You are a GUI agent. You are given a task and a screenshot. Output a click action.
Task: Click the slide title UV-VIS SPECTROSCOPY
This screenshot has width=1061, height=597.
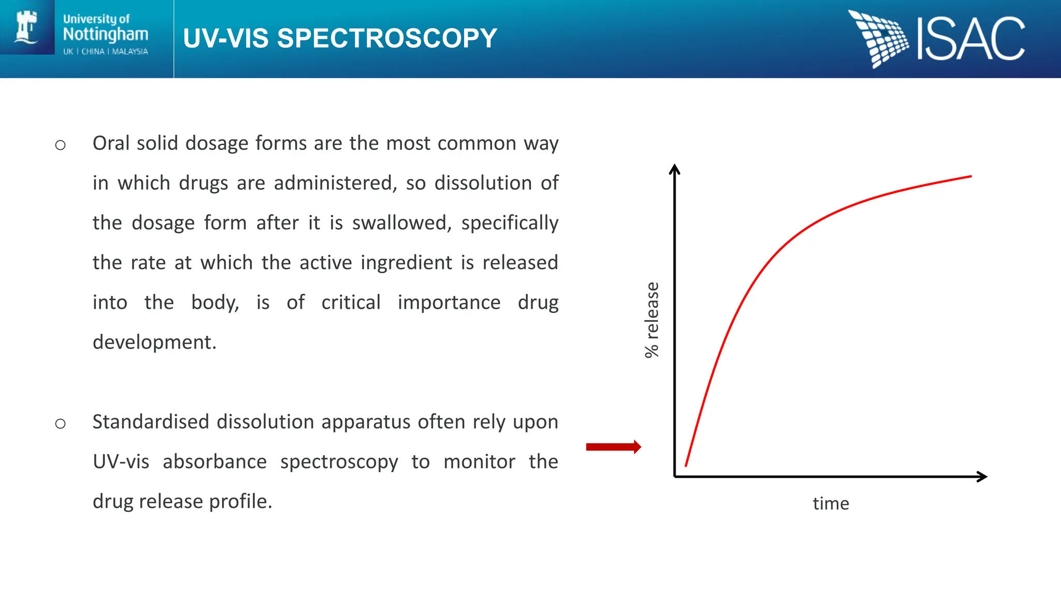340,38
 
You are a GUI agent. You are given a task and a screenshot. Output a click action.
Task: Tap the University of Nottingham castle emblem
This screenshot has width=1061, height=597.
26,27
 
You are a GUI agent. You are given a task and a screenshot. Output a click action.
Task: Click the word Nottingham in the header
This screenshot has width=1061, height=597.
106,34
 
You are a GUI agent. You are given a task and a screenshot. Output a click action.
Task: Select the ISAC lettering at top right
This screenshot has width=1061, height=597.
971,39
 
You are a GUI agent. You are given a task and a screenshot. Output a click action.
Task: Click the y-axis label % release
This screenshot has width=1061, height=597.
652,320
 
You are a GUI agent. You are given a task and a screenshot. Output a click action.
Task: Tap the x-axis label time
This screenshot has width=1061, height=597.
830,503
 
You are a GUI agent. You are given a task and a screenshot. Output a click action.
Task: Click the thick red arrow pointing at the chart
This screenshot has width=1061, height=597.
613,447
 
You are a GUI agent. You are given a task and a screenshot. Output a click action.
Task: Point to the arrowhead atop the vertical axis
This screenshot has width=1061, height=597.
675,169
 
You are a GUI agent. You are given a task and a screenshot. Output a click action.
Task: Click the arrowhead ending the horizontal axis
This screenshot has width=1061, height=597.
981,477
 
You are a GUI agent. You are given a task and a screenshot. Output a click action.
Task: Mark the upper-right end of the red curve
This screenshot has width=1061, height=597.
970,177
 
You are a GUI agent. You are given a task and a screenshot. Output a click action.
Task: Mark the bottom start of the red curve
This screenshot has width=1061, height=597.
686,465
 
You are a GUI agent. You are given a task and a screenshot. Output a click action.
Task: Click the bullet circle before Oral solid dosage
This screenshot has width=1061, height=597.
61,145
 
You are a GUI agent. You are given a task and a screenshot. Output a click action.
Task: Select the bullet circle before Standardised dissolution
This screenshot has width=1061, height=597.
61,424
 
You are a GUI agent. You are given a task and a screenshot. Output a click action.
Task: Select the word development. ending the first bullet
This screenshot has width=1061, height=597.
154,342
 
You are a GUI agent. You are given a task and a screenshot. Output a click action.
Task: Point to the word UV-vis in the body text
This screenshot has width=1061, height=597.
121,462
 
